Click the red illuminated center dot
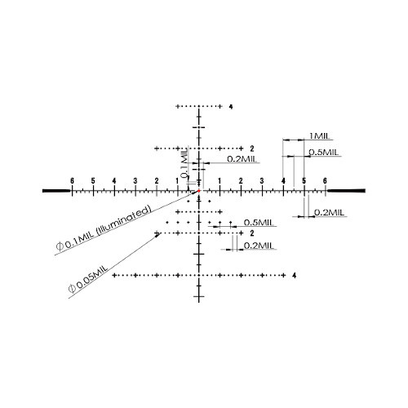(199, 191)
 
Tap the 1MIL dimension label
(319, 135)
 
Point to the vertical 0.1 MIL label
(184, 162)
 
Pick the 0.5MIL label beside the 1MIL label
(323, 152)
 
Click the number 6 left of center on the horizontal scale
(72, 181)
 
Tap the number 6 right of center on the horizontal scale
(325, 181)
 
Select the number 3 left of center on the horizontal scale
(135, 181)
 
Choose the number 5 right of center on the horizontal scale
(304, 181)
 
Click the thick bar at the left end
(56, 191)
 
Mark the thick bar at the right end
(346, 190)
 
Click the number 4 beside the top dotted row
(231, 107)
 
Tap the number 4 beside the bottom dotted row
(295, 276)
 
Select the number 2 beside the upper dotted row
(252, 149)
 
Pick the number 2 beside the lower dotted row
(252, 233)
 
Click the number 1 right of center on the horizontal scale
(220, 181)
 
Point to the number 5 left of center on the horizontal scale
(93, 181)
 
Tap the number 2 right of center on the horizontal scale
(241, 181)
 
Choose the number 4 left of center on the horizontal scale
(114, 181)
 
